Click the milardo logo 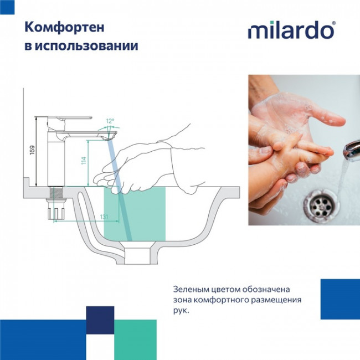point(291,30)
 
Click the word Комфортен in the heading point(58,27)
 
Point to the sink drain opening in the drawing point(138,255)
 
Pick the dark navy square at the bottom point(100,320)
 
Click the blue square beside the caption point(340,299)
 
